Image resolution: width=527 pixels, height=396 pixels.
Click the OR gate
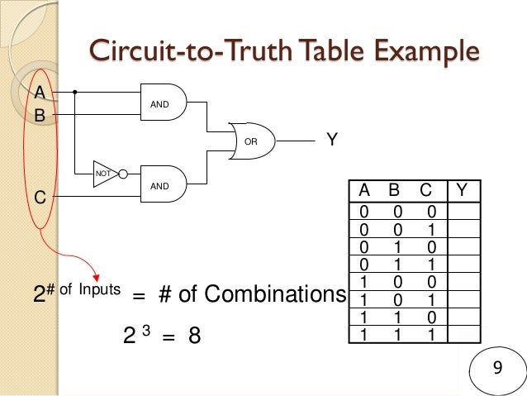click(x=252, y=141)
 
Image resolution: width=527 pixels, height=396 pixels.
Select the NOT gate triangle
click(x=104, y=174)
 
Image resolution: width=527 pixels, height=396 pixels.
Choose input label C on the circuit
click(x=39, y=198)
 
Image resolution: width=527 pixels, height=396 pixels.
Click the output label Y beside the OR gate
click(x=331, y=141)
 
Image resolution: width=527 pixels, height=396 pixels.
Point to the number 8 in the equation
click(x=195, y=337)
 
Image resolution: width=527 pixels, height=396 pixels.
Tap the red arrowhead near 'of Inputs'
click(x=97, y=276)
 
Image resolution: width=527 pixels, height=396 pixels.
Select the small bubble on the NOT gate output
click(x=123, y=174)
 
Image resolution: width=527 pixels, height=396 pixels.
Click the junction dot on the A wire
click(x=74, y=92)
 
